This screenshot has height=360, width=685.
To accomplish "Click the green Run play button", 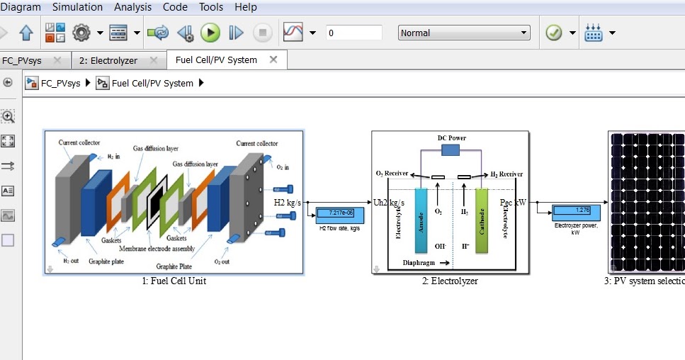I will (x=210, y=33).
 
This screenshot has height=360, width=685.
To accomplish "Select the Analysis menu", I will (x=132, y=7).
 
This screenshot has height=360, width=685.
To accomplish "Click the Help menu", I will (x=246, y=7).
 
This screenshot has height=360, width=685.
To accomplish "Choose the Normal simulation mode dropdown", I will (x=464, y=33).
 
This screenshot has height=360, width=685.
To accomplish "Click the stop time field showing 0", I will (x=353, y=33).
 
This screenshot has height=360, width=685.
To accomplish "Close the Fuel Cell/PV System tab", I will (x=273, y=60).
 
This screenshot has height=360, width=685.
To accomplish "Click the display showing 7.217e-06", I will (x=335, y=213).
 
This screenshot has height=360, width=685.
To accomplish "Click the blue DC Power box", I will (x=450, y=150).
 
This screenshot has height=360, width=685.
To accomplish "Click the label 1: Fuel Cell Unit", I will (x=174, y=281).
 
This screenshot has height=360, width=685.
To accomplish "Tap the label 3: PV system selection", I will (x=644, y=281).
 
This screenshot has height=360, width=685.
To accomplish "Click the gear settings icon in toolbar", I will (x=82, y=33).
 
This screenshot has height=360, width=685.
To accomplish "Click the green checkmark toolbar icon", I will (x=553, y=33).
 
